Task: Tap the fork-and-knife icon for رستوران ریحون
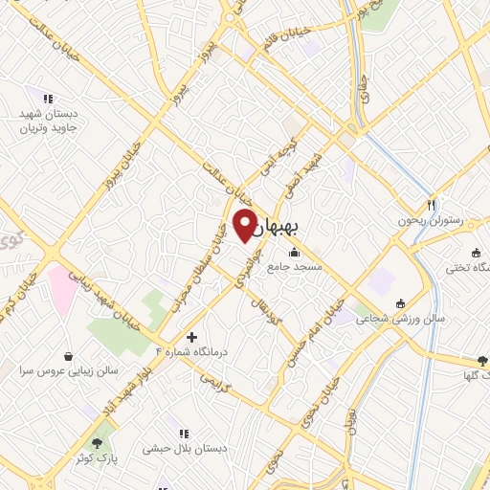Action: coord(432,205)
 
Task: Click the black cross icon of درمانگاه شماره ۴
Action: coord(192,338)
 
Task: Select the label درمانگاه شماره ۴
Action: coord(201,353)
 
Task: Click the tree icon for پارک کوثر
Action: coord(96,442)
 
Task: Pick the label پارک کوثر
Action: coord(95,458)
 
